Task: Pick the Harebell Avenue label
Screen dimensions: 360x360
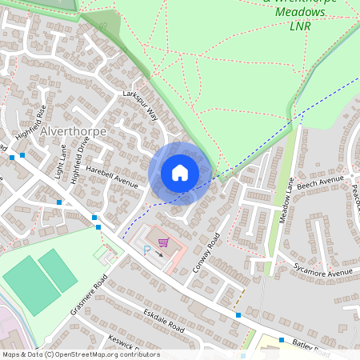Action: pyautogui.click(x=112, y=177)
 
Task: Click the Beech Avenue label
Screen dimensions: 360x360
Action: pyautogui.click(x=320, y=182)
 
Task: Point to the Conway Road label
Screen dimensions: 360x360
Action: pyautogui.click(x=206, y=252)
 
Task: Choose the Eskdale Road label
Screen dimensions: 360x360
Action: pyautogui.click(x=164, y=322)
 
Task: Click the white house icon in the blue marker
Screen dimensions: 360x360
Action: pyautogui.click(x=180, y=172)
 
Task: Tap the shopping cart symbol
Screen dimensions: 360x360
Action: pyautogui.click(x=163, y=242)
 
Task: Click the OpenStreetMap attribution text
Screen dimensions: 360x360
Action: pyautogui.click(x=80, y=354)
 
